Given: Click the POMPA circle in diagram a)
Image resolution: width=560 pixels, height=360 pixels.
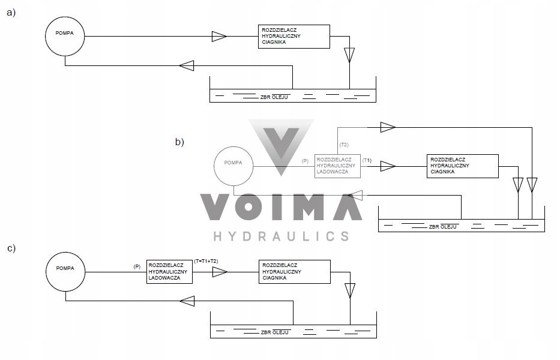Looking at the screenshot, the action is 65,36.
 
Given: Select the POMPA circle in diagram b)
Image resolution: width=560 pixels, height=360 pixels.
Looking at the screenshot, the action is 233,166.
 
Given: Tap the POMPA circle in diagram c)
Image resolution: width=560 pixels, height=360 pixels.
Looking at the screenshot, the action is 65,272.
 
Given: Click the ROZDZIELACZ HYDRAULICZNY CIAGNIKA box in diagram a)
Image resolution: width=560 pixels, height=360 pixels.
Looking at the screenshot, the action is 294,37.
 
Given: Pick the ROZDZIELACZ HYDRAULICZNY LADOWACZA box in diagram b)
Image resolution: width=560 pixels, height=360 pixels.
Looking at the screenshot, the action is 337,166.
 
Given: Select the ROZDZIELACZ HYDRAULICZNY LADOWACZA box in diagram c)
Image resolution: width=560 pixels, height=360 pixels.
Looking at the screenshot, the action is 169,272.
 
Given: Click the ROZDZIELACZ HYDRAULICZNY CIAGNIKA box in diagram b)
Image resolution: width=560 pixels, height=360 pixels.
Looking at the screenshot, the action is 463,166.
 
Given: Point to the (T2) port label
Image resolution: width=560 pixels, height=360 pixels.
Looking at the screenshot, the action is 344,145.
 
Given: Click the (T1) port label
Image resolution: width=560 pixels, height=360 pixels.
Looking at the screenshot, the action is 367,161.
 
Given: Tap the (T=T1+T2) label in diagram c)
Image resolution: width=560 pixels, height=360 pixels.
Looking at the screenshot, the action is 206,262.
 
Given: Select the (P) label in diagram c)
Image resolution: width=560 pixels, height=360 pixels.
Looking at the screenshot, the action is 137,267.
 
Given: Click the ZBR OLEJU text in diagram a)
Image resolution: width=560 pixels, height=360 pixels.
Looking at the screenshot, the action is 274,97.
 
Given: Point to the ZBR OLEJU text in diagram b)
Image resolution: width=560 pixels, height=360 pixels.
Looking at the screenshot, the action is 442,227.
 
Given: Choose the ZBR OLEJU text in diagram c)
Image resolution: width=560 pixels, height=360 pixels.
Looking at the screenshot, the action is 275,332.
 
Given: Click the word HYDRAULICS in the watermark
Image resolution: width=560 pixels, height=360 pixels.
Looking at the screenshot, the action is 281,236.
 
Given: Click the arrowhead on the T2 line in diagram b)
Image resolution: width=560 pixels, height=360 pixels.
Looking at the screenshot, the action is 388,127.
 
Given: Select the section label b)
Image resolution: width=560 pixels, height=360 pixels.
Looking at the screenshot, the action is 179,142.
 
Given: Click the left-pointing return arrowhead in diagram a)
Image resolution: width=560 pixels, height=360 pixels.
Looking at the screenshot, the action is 187,66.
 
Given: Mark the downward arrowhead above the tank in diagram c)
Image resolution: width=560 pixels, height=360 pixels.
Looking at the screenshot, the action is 350,291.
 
